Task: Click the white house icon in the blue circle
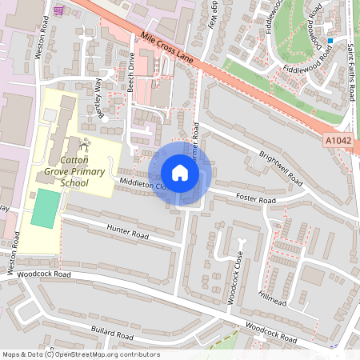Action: (x=180, y=173)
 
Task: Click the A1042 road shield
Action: (x=338, y=141)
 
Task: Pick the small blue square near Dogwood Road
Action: (x=330, y=40)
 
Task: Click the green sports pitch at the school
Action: (x=46, y=209)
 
